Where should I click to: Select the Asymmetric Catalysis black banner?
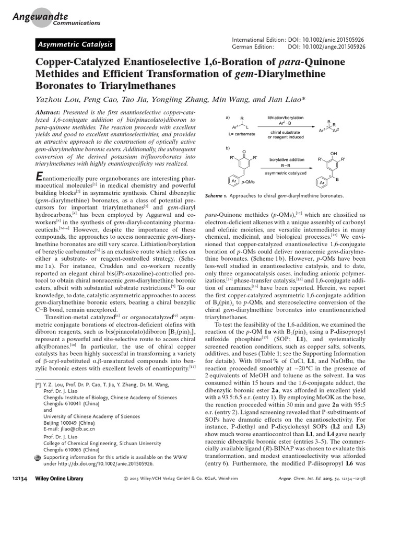[74, 45]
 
